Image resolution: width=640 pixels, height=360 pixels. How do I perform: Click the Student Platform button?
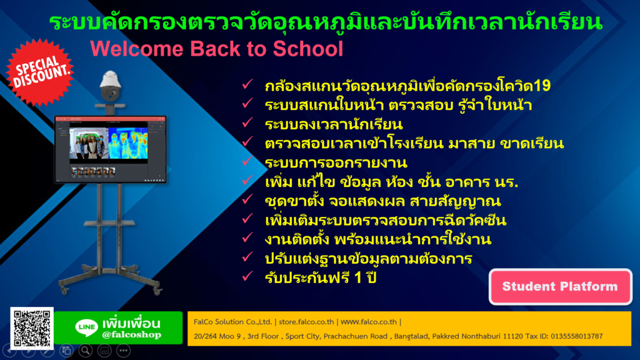(x=560, y=286)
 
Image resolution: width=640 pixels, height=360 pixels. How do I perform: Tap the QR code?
(x=32, y=328)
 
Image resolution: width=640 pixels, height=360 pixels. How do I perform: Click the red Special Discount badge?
(x=40, y=72)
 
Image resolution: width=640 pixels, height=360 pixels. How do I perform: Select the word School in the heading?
(x=307, y=49)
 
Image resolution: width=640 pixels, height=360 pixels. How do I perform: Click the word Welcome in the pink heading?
(x=137, y=49)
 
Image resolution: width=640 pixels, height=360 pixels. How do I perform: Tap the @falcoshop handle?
(x=132, y=335)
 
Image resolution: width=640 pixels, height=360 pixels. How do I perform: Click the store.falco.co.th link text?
(x=306, y=322)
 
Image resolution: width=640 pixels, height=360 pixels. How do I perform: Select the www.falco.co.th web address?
(x=369, y=322)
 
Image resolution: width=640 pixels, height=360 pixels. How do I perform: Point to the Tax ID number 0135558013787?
(x=577, y=336)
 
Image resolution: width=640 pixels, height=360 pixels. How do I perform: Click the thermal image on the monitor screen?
(x=127, y=143)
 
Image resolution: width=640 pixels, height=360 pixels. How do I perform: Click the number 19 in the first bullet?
(x=542, y=86)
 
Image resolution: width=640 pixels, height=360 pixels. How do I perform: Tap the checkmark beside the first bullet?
(x=247, y=84)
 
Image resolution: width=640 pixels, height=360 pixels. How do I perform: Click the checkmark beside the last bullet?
(x=247, y=276)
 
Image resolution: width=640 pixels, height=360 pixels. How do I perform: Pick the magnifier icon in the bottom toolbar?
(x=85, y=350)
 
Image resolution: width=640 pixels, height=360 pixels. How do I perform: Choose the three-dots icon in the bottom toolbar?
(x=123, y=350)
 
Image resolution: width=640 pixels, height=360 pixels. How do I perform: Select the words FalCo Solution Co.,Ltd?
(x=232, y=322)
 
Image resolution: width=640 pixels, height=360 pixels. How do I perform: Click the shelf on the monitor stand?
(x=109, y=223)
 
